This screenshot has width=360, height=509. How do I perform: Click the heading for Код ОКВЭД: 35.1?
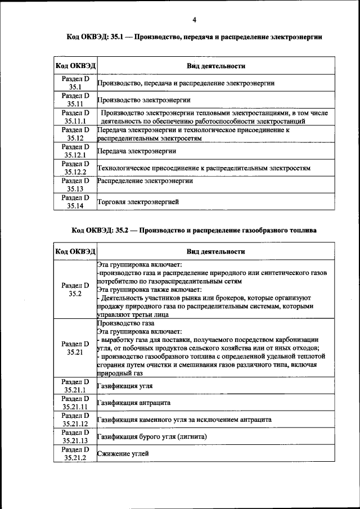tap(194, 37)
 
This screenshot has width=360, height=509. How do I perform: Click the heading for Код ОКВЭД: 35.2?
tap(194, 231)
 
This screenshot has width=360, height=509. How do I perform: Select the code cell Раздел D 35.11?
tap(75, 100)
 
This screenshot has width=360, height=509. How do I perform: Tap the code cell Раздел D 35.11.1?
tap(75, 117)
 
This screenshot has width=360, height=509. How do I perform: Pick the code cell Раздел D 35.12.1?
tap(75, 151)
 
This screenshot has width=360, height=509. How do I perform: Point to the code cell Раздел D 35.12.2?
tap(75, 168)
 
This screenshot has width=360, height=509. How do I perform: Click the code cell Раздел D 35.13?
tap(75, 185)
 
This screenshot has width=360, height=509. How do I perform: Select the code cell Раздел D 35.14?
tap(75, 202)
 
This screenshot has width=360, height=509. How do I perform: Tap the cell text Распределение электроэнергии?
tap(145, 181)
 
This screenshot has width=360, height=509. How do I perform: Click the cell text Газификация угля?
tap(125, 386)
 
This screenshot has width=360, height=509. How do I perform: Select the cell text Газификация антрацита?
tap(133, 403)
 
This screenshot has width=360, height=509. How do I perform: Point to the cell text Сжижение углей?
tap(123, 453)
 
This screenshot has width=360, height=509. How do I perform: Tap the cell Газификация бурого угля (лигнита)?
tap(152, 436)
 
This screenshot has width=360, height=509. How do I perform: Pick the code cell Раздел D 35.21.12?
tap(75, 420)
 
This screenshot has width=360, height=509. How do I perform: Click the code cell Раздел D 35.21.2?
tap(75, 454)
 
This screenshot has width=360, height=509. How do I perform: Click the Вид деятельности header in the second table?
tap(216, 251)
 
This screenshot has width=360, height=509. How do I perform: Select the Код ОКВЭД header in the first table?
tap(75, 66)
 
